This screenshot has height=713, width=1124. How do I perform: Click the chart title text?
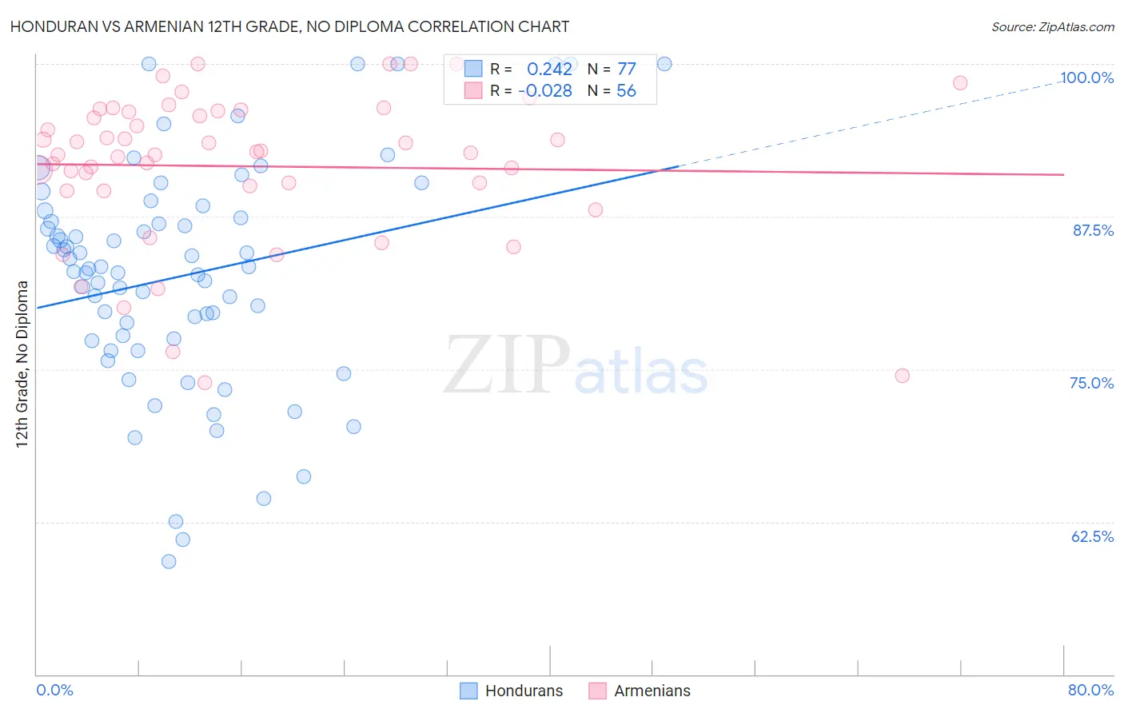tap(289, 26)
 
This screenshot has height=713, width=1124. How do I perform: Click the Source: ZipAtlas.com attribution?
tap(1052, 27)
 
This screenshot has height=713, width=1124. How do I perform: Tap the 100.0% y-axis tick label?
tap(1086, 78)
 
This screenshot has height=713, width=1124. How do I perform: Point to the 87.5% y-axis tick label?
tap(1093, 230)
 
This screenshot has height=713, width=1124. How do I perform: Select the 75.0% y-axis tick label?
tap(1091, 383)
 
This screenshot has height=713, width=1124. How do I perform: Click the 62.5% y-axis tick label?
tap(1092, 536)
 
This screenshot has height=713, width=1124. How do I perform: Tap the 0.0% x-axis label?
tap(54, 690)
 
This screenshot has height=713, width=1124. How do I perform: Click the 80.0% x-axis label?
tap(1090, 690)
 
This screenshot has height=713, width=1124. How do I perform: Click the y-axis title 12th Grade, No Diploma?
tap(22, 364)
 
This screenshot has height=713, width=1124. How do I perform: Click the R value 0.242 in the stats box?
tap(549, 69)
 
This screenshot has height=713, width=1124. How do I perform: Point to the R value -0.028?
tap(545, 91)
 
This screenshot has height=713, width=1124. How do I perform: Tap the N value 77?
tap(626, 69)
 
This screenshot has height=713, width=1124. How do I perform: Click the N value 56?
tap(626, 91)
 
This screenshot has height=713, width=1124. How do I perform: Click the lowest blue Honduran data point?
tap(169, 561)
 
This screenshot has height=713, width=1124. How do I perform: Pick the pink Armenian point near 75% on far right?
tap(902, 376)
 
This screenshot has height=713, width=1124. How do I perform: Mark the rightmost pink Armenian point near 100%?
tap(960, 83)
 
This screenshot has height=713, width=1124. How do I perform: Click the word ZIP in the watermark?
tap(507, 365)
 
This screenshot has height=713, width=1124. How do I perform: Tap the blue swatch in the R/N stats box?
tap(473, 69)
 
